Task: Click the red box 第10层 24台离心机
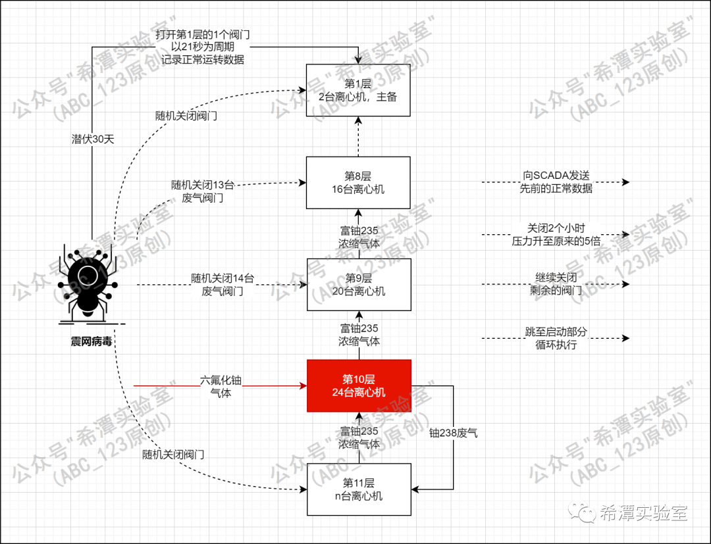(x=359, y=385)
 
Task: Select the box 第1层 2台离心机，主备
(x=359, y=89)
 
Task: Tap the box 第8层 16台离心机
(x=359, y=182)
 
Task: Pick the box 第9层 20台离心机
(x=359, y=284)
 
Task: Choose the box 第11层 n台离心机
(x=359, y=489)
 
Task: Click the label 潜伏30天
(x=93, y=139)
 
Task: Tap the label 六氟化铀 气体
(x=221, y=387)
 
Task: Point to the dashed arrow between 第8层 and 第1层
(x=359, y=137)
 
